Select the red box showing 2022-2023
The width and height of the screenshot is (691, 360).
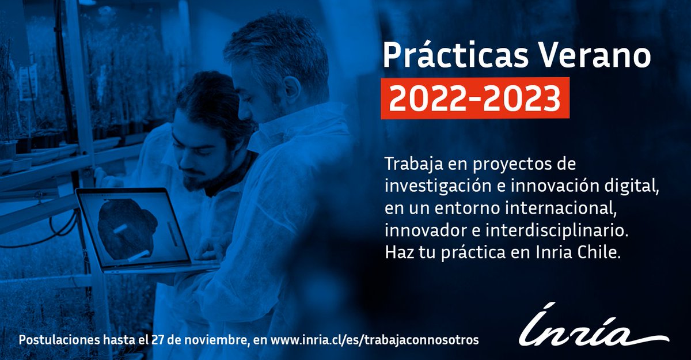[474, 98]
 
